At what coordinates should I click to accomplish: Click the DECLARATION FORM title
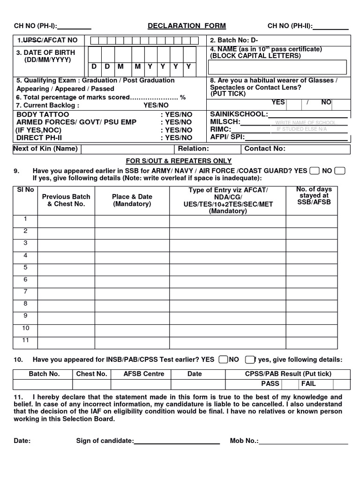pyautogui.click(x=187, y=26)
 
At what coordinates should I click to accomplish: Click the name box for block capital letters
pyautogui.click(x=278, y=67)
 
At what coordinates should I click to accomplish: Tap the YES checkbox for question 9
pyautogui.click(x=315, y=171)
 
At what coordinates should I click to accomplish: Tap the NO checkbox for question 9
pyautogui.click(x=340, y=171)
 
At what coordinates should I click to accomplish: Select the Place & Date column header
pyautogui.click(x=132, y=200)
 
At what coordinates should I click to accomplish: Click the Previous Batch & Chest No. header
pyautogui.click(x=66, y=200)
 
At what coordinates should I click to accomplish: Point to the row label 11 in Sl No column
pyautogui.click(x=26, y=340)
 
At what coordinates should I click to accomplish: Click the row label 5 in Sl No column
pyautogui.click(x=26, y=267)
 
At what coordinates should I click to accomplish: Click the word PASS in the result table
pyautogui.click(x=270, y=383)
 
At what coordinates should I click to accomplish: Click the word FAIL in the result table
pyautogui.click(x=308, y=383)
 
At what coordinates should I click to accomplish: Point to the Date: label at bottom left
pyautogui.click(x=22, y=441)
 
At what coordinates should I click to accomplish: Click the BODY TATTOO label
pyautogui.click(x=43, y=114)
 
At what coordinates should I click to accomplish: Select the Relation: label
pyautogui.click(x=193, y=149)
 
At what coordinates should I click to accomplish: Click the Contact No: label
pyautogui.click(x=265, y=149)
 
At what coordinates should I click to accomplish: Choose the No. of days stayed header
pyautogui.click(x=314, y=195)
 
